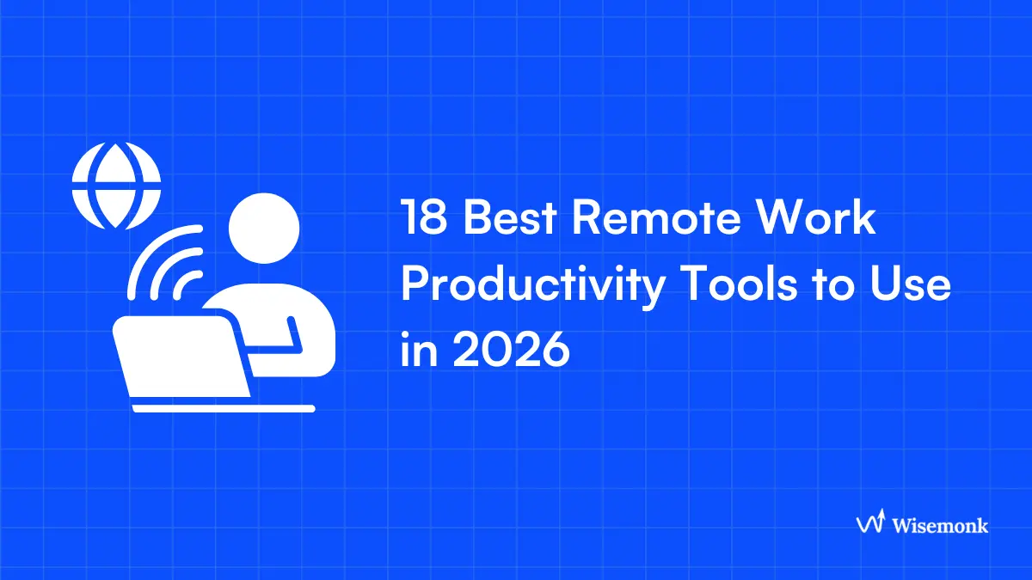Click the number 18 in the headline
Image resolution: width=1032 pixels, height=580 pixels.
[422, 219]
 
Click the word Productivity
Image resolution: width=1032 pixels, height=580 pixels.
[532, 286]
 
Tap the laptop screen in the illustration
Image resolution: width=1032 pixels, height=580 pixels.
[181, 357]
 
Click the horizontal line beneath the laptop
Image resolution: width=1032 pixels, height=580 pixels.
[224, 409]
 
